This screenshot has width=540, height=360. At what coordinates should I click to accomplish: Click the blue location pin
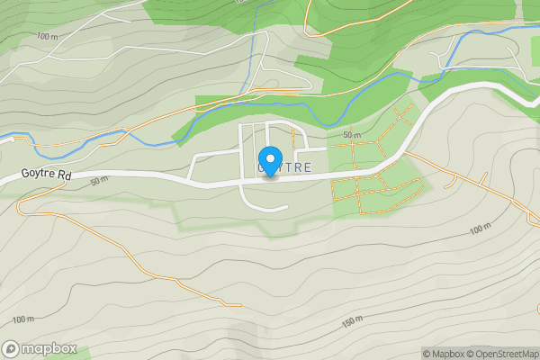tap(269, 159)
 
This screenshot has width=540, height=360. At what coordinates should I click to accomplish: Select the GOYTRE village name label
tap(284, 168)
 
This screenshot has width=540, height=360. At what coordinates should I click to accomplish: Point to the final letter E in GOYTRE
tap(308, 168)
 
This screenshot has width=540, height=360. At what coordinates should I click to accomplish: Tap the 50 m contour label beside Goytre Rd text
tap(99, 180)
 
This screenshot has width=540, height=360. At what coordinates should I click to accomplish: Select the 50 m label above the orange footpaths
tap(352, 135)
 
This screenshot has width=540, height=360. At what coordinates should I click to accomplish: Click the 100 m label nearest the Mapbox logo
tap(23, 319)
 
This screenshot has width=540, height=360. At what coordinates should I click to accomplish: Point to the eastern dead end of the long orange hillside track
tap(241, 305)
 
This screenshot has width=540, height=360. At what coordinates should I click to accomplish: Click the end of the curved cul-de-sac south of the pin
tap(286, 207)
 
